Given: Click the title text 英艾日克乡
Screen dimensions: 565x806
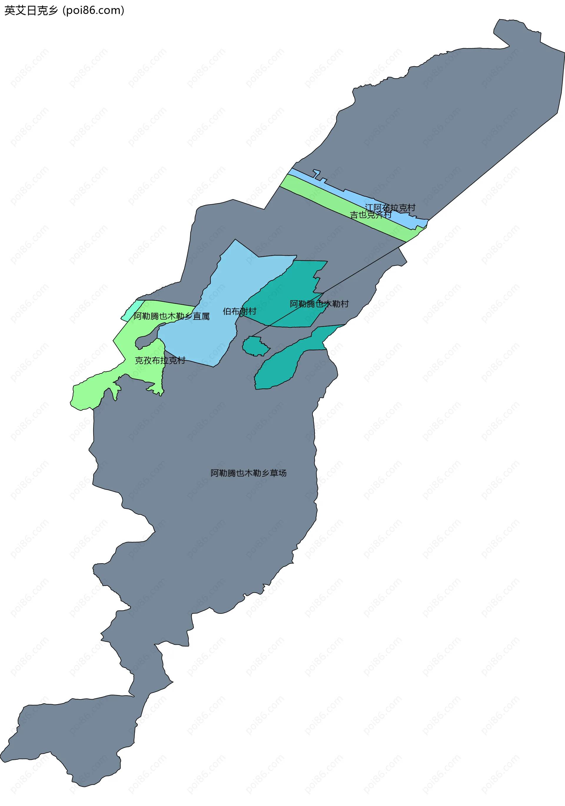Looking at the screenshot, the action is pos(31,11).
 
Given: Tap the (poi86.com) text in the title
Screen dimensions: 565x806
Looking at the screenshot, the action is pos(93,11).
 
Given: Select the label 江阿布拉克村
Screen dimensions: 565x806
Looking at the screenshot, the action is pos(390,208).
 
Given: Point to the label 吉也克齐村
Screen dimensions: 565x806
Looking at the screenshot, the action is pos(370,215).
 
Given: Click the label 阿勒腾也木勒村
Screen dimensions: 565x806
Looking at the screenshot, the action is pos(319,304).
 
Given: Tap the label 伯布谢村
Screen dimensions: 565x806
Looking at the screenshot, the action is pos(239,311).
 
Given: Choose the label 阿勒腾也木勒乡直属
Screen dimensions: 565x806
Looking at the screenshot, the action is pos(171,316).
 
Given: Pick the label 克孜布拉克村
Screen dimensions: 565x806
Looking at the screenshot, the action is pos(160,360).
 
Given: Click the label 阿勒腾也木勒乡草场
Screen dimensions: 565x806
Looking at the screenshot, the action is pos(248,473).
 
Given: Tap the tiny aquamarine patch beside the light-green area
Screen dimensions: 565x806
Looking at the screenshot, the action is pos(133,310).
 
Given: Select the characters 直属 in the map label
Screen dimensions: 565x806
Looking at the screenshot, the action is pos(201,316).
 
